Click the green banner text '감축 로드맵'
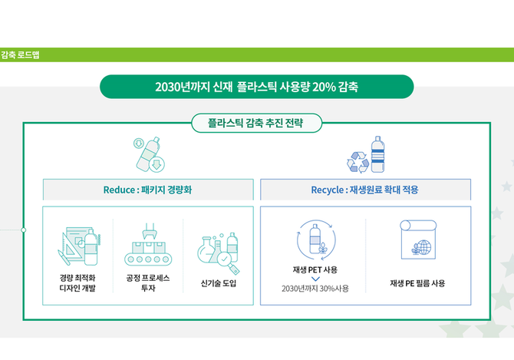click(x=20, y=54)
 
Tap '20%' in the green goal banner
click(x=324, y=87)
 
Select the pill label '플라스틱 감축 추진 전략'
click(x=256, y=123)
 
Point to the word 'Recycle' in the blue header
click(x=328, y=190)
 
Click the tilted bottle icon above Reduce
click(x=149, y=154)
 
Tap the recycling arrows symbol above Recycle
click(x=358, y=162)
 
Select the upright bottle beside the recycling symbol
click(x=377, y=154)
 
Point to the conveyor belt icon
click(x=148, y=245)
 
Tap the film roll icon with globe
click(x=418, y=239)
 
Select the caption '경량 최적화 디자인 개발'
click(x=77, y=283)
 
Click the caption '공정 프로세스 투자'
click(x=148, y=283)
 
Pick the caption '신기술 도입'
click(x=219, y=283)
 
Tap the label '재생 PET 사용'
click(x=315, y=270)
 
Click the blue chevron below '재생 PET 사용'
click(x=315, y=279)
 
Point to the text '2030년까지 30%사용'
click(x=315, y=289)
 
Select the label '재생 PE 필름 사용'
click(x=417, y=283)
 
